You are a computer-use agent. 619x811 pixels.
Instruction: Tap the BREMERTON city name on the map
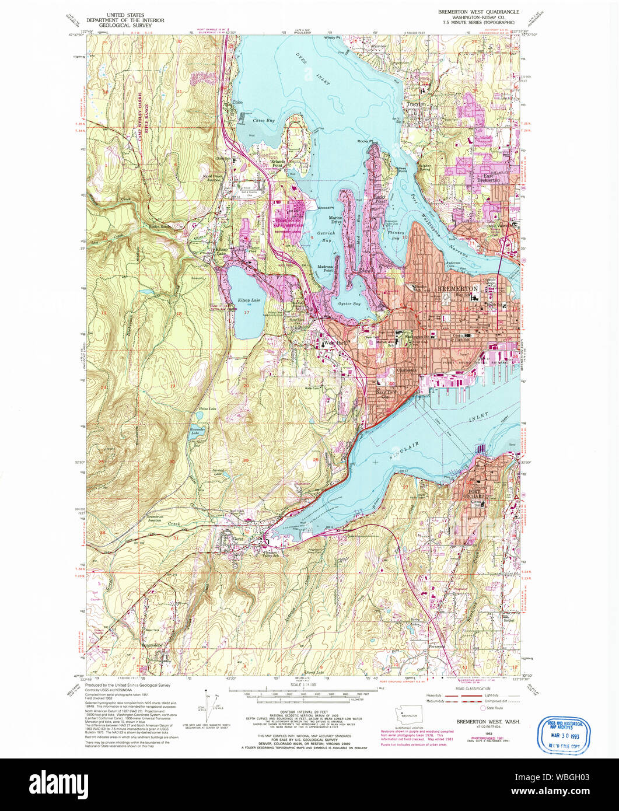[x=458, y=289]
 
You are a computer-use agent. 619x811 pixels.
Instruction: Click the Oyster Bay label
[x=348, y=304]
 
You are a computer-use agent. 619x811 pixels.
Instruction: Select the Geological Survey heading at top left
[x=125, y=20]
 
